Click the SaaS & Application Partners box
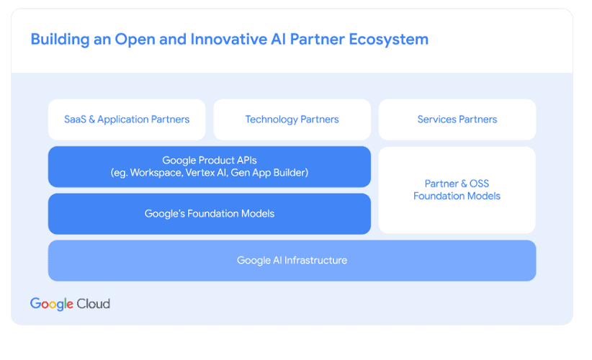coord(127,120)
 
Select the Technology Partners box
coord(292,120)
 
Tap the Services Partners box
coord(457,120)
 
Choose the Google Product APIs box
coord(210,167)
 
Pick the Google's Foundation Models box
coord(210,214)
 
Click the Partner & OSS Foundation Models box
coord(457,190)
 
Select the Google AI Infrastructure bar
coord(292,261)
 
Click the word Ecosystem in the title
coord(388,40)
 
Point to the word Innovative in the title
coord(229,40)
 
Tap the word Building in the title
coord(60,40)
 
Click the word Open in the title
coord(135,40)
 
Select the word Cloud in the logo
coord(93,304)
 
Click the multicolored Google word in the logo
coord(52,304)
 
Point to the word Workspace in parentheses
coord(156,173)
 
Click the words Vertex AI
coord(206,173)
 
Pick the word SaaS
coord(75,120)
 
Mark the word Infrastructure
coord(315,261)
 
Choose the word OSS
coord(479,184)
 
